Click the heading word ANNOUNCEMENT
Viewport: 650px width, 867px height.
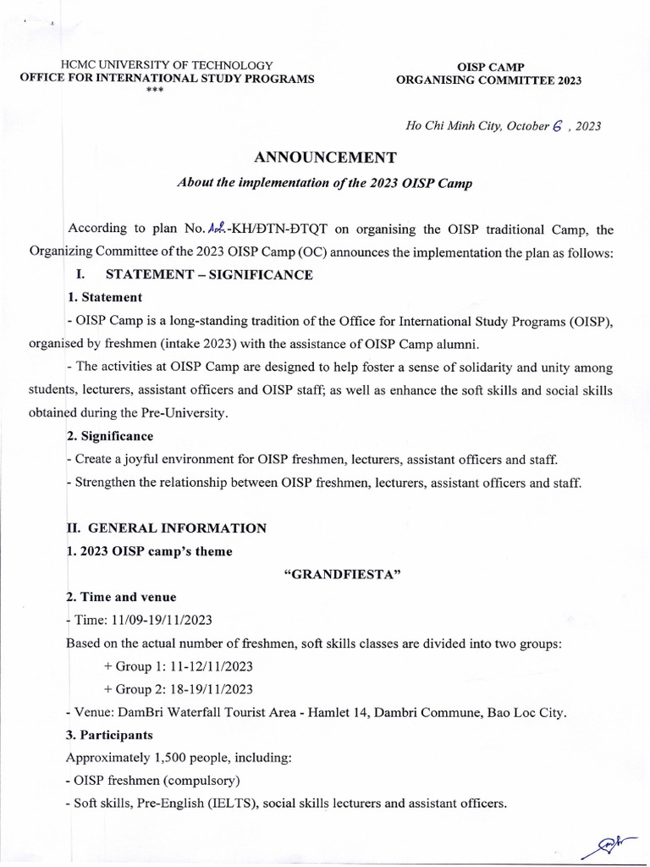click(325, 157)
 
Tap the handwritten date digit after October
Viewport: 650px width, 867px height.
click(556, 125)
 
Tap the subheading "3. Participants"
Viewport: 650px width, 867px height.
click(110, 735)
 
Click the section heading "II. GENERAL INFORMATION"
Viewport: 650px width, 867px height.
click(167, 528)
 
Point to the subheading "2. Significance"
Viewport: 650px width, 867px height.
click(110, 436)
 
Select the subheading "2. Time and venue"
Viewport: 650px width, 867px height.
click(121, 597)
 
